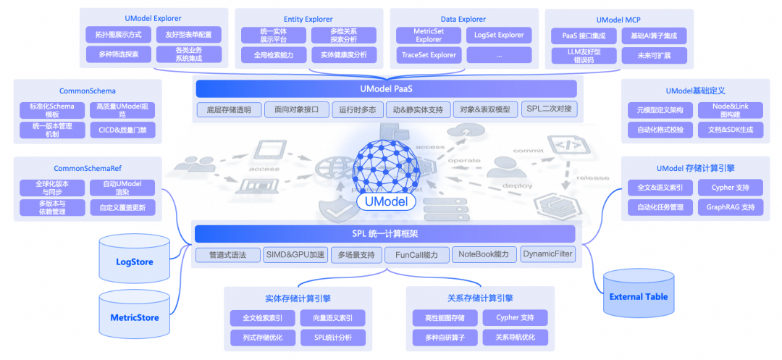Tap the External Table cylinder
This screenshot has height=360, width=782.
(638, 296)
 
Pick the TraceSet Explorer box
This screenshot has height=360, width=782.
(429, 55)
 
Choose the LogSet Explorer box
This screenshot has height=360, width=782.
(500, 35)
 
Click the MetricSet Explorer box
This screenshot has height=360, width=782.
(429, 35)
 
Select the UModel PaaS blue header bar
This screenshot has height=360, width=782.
(386, 89)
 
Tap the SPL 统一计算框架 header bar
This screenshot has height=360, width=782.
(384, 234)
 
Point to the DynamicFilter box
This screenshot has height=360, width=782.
(547, 254)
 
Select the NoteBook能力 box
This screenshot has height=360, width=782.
(484, 254)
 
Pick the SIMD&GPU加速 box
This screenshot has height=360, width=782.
(294, 255)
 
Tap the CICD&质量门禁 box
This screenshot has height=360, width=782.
(122, 131)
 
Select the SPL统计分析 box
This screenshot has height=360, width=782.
(333, 338)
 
